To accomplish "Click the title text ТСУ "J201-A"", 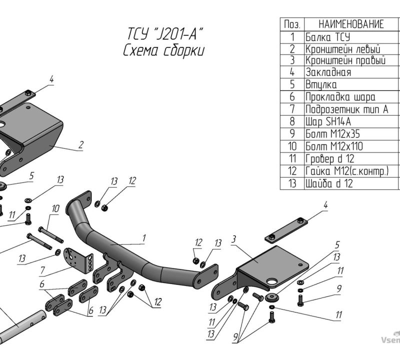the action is point(165,34).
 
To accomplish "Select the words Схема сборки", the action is point(163,50).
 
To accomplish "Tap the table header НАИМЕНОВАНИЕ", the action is point(351,24).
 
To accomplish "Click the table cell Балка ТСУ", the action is point(328,37).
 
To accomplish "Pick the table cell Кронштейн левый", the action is point(342,49).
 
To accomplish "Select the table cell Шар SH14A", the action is point(328,121).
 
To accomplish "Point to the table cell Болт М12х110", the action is point(334,146).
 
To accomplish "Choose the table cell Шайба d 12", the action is point(329,183).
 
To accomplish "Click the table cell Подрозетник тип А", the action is point(346,109).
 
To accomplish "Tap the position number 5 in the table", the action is point(292,84).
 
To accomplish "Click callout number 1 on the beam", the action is point(144,238).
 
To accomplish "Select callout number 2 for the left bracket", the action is point(81,144).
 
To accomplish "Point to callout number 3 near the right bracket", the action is point(233,239).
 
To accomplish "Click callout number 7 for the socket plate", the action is point(42,270).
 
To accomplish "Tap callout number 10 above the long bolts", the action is point(55,208).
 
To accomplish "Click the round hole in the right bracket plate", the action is point(272,282).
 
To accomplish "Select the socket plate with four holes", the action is point(78,260).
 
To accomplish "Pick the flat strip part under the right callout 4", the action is point(286,230).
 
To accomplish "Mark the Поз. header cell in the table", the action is point(292,24).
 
